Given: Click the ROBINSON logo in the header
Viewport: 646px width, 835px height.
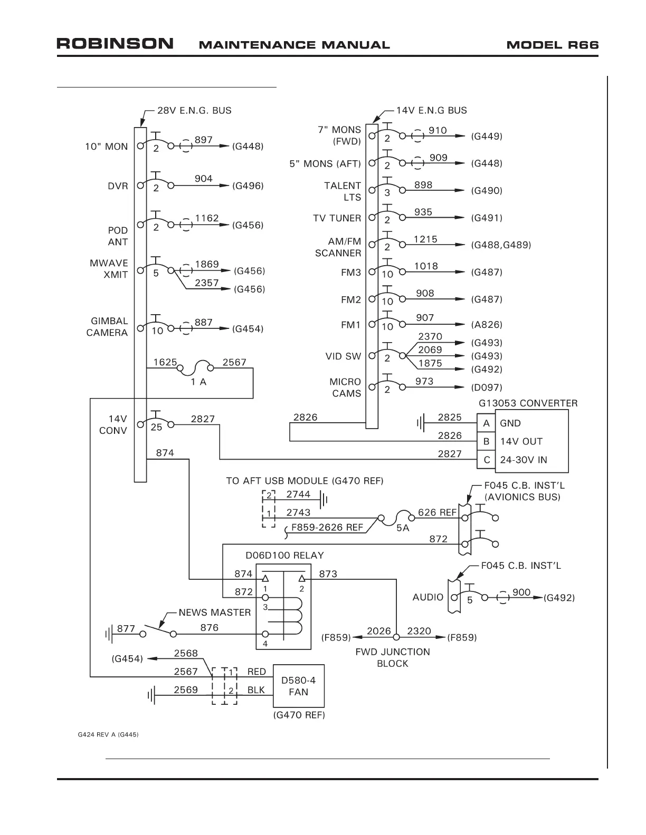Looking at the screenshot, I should [115, 44].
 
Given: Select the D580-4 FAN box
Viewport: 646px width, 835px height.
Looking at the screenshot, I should [298, 686].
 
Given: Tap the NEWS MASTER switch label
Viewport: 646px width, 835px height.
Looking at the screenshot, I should [214, 613].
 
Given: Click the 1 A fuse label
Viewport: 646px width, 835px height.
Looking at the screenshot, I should [198, 382].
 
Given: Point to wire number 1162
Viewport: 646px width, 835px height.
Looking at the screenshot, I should [207, 218].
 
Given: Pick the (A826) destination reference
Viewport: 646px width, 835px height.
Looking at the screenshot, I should [487, 325].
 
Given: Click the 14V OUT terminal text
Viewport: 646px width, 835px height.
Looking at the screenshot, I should [521, 441].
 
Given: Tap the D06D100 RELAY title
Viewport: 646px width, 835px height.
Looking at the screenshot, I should [284, 555].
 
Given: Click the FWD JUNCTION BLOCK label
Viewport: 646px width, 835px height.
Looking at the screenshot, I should [393, 657].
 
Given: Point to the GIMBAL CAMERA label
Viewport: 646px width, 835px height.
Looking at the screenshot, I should [107, 327].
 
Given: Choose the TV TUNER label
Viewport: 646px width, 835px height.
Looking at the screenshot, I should [337, 218].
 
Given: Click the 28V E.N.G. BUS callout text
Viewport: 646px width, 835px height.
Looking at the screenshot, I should [194, 111].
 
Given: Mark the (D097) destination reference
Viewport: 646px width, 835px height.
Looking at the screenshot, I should [487, 387].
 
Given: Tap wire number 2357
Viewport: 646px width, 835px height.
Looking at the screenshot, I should [207, 283].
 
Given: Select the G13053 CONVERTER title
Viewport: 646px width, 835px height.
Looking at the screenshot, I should [528, 403].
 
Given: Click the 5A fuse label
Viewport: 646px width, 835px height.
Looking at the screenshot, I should [403, 528].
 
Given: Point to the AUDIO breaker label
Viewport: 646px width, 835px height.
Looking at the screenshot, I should [428, 597].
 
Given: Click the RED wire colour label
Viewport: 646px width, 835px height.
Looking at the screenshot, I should [256, 672].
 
